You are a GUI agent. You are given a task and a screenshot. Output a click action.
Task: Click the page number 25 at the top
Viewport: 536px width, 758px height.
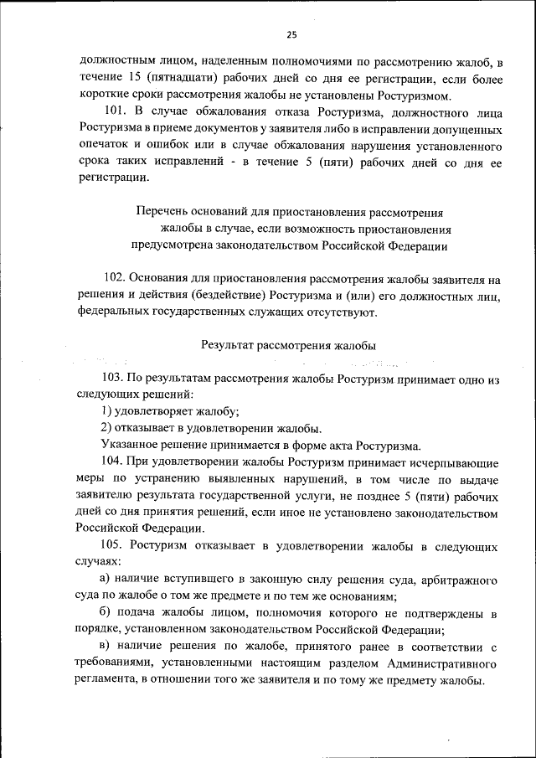[x=291, y=34]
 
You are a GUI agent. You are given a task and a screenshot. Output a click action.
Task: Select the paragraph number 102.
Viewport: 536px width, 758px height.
[x=114, y=280]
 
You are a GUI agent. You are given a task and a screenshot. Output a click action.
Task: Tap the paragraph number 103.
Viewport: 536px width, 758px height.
[x=113, y=379]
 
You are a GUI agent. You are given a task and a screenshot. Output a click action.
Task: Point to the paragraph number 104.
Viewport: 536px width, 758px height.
[x=113, y=462]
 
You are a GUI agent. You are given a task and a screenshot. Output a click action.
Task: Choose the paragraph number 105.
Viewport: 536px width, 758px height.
[x=113, y=547]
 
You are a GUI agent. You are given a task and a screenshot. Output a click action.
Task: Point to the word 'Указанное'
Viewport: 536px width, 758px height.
[x=128, y=445]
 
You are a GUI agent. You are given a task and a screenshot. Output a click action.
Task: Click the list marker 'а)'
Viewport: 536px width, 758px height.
[x=104, y=580]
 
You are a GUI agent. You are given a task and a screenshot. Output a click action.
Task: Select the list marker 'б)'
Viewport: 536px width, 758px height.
[x=105, y=614]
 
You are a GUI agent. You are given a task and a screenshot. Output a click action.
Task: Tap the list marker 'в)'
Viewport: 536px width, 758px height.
[x=104, y=647]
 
